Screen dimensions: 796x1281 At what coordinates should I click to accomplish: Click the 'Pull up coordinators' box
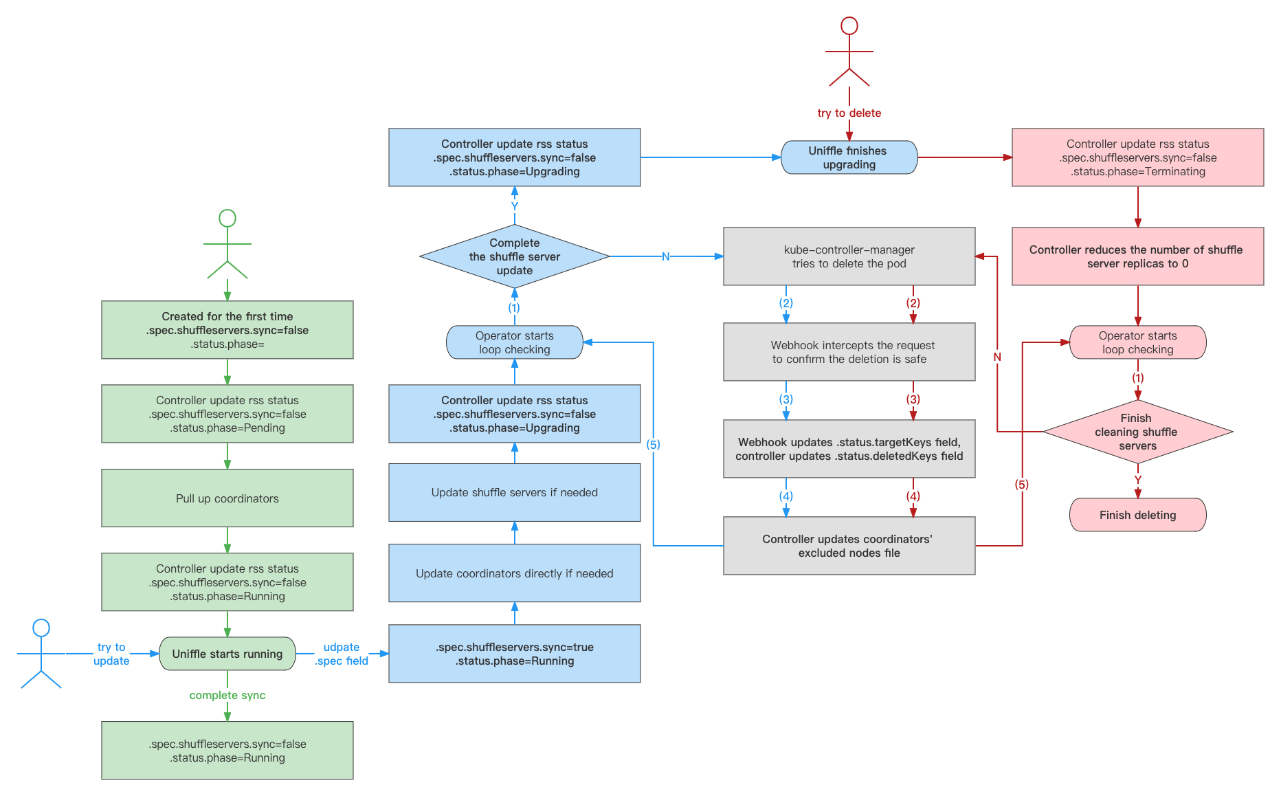(227, 498)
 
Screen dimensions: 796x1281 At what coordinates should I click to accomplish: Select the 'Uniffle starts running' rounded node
(227, 654)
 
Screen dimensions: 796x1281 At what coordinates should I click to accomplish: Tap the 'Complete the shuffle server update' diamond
(515, 256)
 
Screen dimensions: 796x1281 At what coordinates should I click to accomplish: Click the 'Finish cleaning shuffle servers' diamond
(1137, 432)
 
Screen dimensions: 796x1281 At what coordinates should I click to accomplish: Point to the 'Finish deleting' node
(1137, 515)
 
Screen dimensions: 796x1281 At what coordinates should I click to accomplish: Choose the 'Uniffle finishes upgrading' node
(849, 157)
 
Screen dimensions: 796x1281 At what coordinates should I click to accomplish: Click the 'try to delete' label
(849, 113)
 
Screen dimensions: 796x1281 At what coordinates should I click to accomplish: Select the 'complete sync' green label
(227, 695)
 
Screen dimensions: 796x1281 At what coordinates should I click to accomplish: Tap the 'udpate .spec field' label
(342, 654)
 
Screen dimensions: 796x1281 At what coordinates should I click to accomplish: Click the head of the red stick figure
(849, 26)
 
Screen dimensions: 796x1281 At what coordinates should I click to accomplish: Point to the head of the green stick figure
(227, 219)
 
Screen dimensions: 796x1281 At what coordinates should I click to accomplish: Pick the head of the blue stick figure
(41, 628)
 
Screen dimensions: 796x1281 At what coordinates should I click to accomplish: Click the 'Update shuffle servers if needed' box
(515, 492)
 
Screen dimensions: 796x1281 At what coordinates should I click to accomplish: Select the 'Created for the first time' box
(227, 330)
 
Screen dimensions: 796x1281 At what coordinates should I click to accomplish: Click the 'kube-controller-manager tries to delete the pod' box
(849, 256)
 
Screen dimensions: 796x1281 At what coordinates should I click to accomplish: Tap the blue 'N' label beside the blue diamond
(665, 256)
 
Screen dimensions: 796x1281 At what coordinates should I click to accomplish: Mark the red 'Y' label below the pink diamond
(1138, 480)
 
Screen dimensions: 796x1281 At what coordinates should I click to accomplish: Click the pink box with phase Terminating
(1137, 157)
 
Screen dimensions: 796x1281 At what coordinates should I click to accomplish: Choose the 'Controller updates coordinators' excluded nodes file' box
(849, 546)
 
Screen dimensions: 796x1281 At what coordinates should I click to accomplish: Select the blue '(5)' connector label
(653, 445)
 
